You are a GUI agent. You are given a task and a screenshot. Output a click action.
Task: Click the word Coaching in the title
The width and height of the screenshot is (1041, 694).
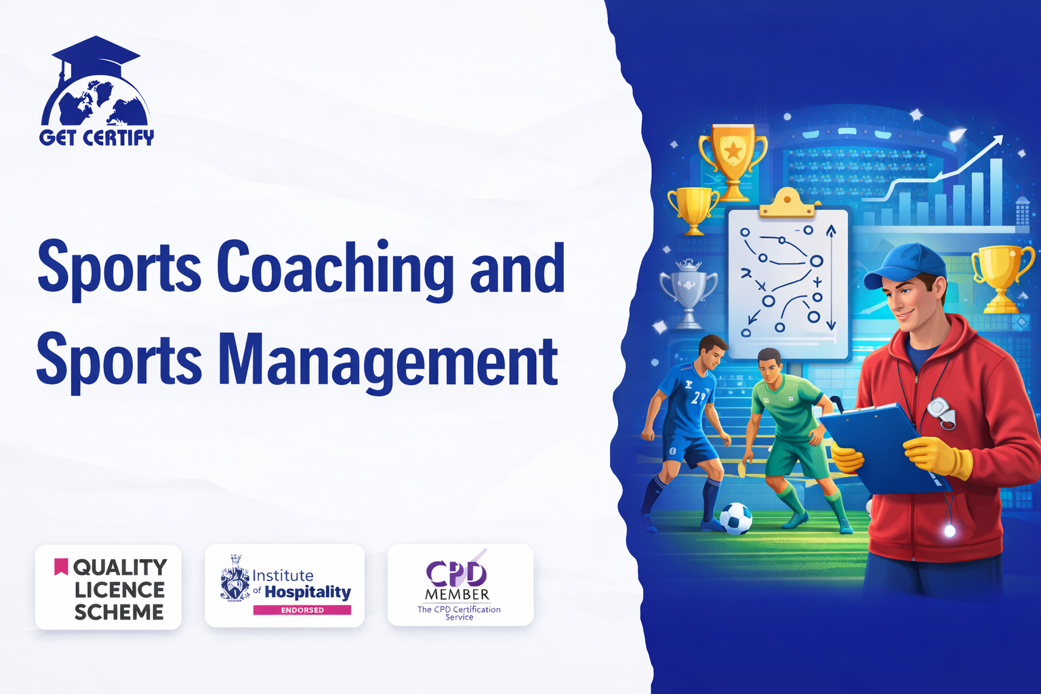tap(335, 270)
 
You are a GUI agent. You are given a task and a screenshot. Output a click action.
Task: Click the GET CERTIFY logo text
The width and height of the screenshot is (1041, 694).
tap(97, 138)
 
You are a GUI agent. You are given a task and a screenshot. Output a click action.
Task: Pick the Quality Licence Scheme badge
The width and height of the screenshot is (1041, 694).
tap(108, 587)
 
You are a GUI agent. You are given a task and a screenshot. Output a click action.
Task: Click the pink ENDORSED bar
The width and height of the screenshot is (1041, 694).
tap(302, 610)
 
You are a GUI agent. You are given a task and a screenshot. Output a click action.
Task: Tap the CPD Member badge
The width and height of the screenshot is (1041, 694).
tap(460, 586)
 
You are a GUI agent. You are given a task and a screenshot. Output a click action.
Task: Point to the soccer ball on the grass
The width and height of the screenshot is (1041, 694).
tap(735, 518)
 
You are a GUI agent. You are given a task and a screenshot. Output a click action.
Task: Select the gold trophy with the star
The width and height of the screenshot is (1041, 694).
tap(733, 161)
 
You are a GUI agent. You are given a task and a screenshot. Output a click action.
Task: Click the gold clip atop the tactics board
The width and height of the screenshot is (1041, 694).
tap(788, 203)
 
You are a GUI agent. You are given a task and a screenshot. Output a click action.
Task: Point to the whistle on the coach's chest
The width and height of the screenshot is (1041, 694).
tap(941, 412)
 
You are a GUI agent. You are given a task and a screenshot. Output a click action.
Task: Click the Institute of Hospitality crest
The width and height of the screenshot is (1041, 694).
tap(235, 578)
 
